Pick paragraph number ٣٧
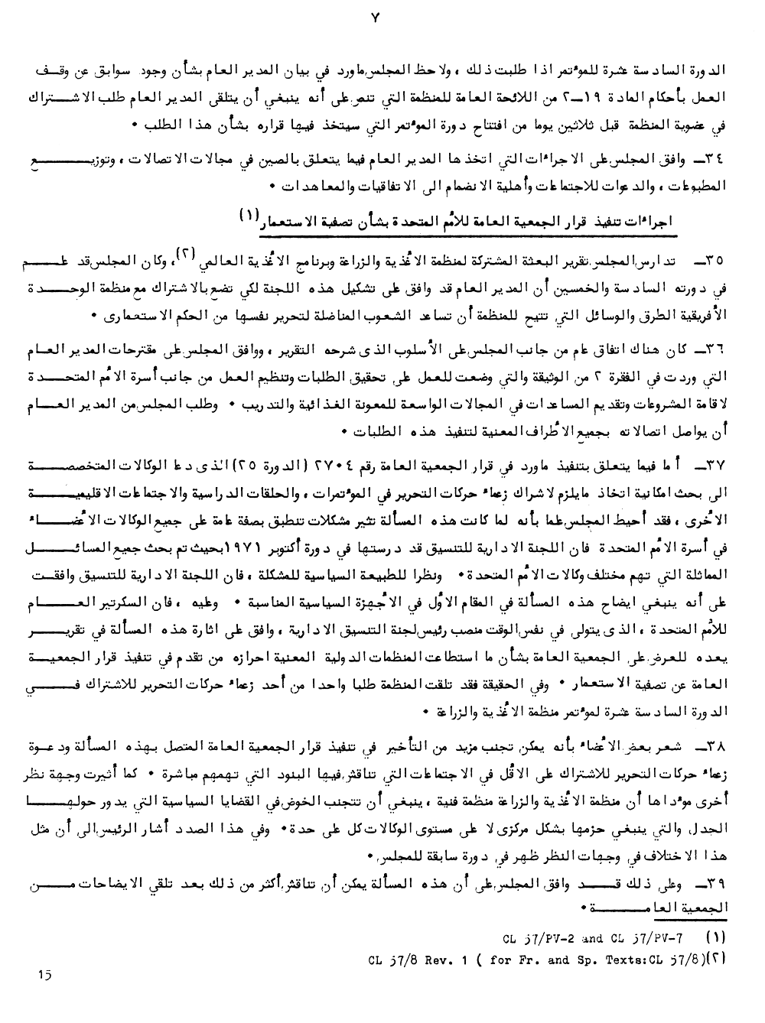(x=715, y=468)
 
